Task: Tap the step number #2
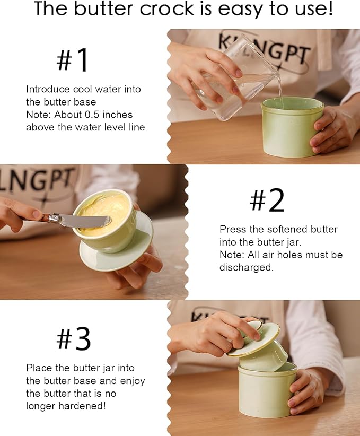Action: pyautogui.click(x=267, y=200)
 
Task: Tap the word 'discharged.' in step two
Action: pyautogui.click(x=246, y=267)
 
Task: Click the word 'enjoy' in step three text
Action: pyautogui.click(x=131, y=381)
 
